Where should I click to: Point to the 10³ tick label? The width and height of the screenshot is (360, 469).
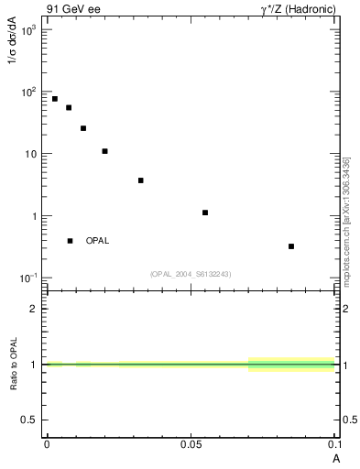click(x=27, y=30)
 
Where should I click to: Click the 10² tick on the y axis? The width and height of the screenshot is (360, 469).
click(x=27, y=92)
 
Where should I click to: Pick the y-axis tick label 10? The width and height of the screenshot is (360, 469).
click(x=29, y=154)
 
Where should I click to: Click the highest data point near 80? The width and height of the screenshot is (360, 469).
click(x=55, y=99)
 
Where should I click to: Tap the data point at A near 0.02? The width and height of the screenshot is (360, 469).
click(x=104, y=151)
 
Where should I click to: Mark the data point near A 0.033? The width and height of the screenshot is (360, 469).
click(x=140, y=180)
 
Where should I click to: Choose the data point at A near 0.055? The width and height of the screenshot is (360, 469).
click(x=205, y=213)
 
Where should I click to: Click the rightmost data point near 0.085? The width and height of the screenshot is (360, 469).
click(x=291, y=246)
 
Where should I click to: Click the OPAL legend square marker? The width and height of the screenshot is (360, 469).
click(x=70, y=241)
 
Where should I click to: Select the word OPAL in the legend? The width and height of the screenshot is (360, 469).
click(x=97, y=241)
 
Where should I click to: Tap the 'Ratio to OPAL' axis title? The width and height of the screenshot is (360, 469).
click(x=13, y=364)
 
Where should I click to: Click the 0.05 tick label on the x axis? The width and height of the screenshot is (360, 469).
click(x=190, y=443)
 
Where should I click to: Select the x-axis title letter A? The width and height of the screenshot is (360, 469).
click(x=335, y=455)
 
